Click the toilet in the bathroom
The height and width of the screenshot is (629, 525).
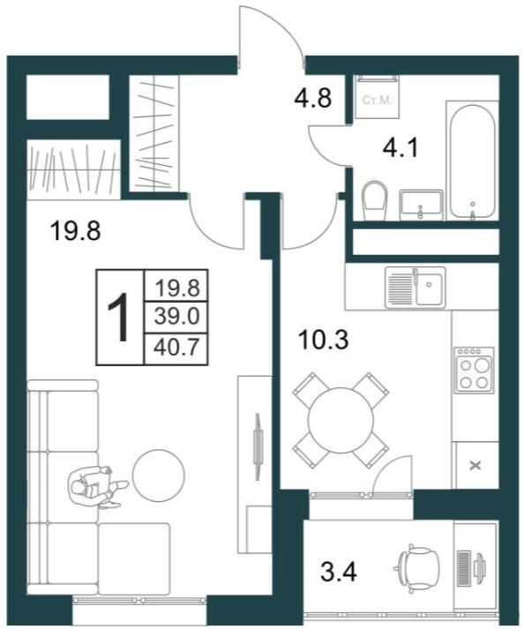pos(374,200)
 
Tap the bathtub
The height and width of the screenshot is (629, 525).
pos(471,161)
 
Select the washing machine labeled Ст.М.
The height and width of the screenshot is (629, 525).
pos(377,97)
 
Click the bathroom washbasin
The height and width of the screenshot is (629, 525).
pos(421,205)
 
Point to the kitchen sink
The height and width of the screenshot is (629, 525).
pos(415,288)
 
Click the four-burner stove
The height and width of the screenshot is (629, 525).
pos(475,370)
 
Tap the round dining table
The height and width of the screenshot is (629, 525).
pos(341,420)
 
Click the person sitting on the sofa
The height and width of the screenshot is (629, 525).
pos(98,487)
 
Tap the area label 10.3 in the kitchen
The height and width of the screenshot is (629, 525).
pos(323,340)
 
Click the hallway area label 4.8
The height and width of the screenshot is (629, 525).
pos(312,98)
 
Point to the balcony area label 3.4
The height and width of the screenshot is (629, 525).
pos(339,572)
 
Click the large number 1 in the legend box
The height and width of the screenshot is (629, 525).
pos(119,317)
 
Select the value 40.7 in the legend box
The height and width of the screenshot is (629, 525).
pos(176,348)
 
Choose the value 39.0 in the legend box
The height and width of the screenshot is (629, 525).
pos(176,317)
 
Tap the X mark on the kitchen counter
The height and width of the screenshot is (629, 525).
pos(476,466)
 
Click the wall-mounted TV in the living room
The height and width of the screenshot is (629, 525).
pos(258,446)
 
